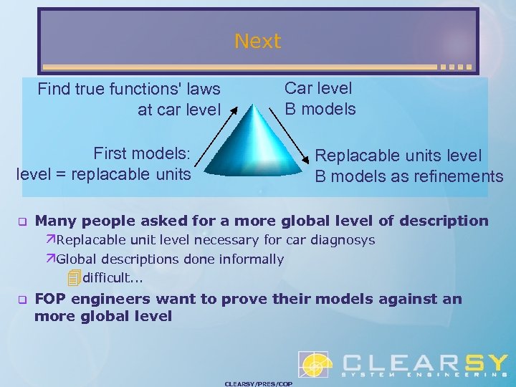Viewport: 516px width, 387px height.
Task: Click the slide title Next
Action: [257, 42]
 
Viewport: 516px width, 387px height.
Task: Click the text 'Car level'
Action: [318, 89]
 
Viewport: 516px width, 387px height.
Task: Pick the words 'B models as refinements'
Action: [408, 176]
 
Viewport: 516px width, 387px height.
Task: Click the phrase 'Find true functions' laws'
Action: [129, 90]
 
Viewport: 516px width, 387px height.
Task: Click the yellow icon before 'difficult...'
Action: [74, 277]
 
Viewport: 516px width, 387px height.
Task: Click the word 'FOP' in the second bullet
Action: [53, 299]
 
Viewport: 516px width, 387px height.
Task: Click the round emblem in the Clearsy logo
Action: [315, 365]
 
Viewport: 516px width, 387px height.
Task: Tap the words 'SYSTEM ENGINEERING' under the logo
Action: [423, 374]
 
